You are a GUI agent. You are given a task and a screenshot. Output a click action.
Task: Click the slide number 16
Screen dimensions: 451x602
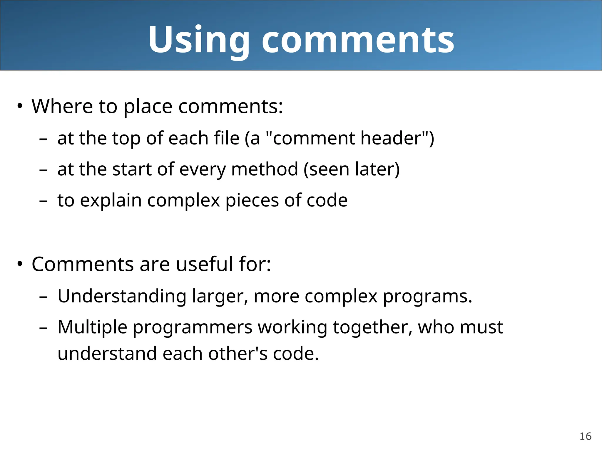click(585, 436)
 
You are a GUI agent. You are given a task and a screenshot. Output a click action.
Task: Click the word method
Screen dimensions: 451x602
click(265, 169)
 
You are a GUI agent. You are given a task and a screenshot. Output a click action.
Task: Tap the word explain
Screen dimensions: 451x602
click(111, 201)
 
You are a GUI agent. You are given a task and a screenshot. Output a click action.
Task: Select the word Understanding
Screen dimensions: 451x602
click(122, 296)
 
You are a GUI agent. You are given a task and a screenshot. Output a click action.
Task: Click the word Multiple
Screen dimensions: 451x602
click(92, 327)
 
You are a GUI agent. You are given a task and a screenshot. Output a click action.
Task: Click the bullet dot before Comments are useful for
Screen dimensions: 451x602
click(20, 264)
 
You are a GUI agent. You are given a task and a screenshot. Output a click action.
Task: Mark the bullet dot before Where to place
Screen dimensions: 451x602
click(20, 106)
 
